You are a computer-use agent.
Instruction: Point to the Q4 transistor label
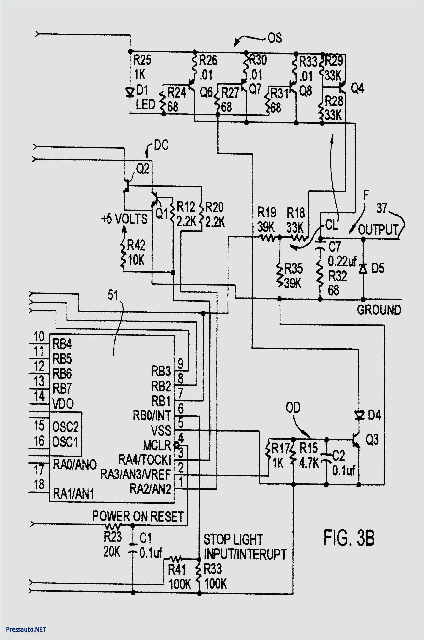tap(357, 88)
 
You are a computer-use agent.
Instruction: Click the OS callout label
tap(275, 38)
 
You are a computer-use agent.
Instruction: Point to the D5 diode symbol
tap(363, 268)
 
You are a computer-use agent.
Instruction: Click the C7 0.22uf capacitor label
tap(341, 254)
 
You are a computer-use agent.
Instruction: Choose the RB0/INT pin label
tap(152, 415)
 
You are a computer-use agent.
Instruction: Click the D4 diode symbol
tap(359, 415)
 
